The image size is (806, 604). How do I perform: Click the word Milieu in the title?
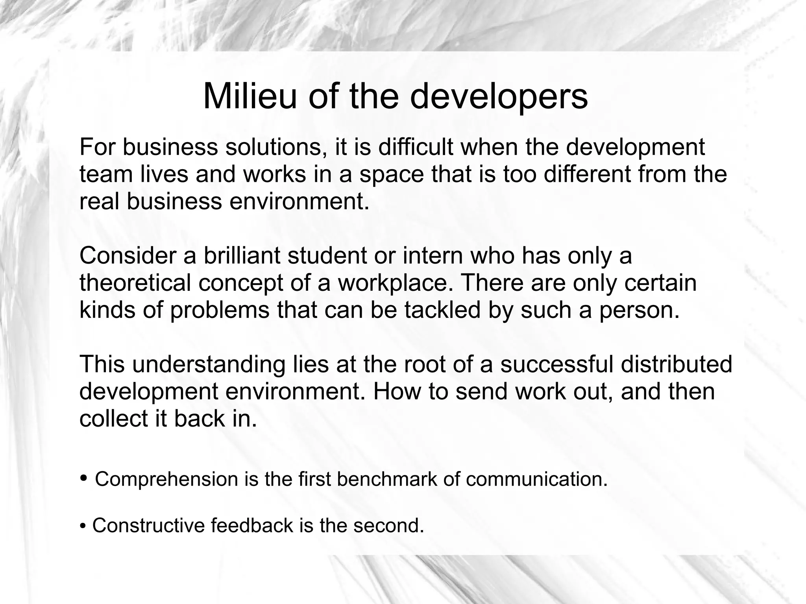tap(250, 96)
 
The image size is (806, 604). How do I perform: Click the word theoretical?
tap(135, 283)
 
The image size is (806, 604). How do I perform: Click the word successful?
tap(556, 364)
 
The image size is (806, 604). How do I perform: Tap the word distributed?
tap(677, 364)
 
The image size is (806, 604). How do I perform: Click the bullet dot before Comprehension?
tap(83, 478)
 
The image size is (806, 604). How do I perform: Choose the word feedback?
tap(252, 525)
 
